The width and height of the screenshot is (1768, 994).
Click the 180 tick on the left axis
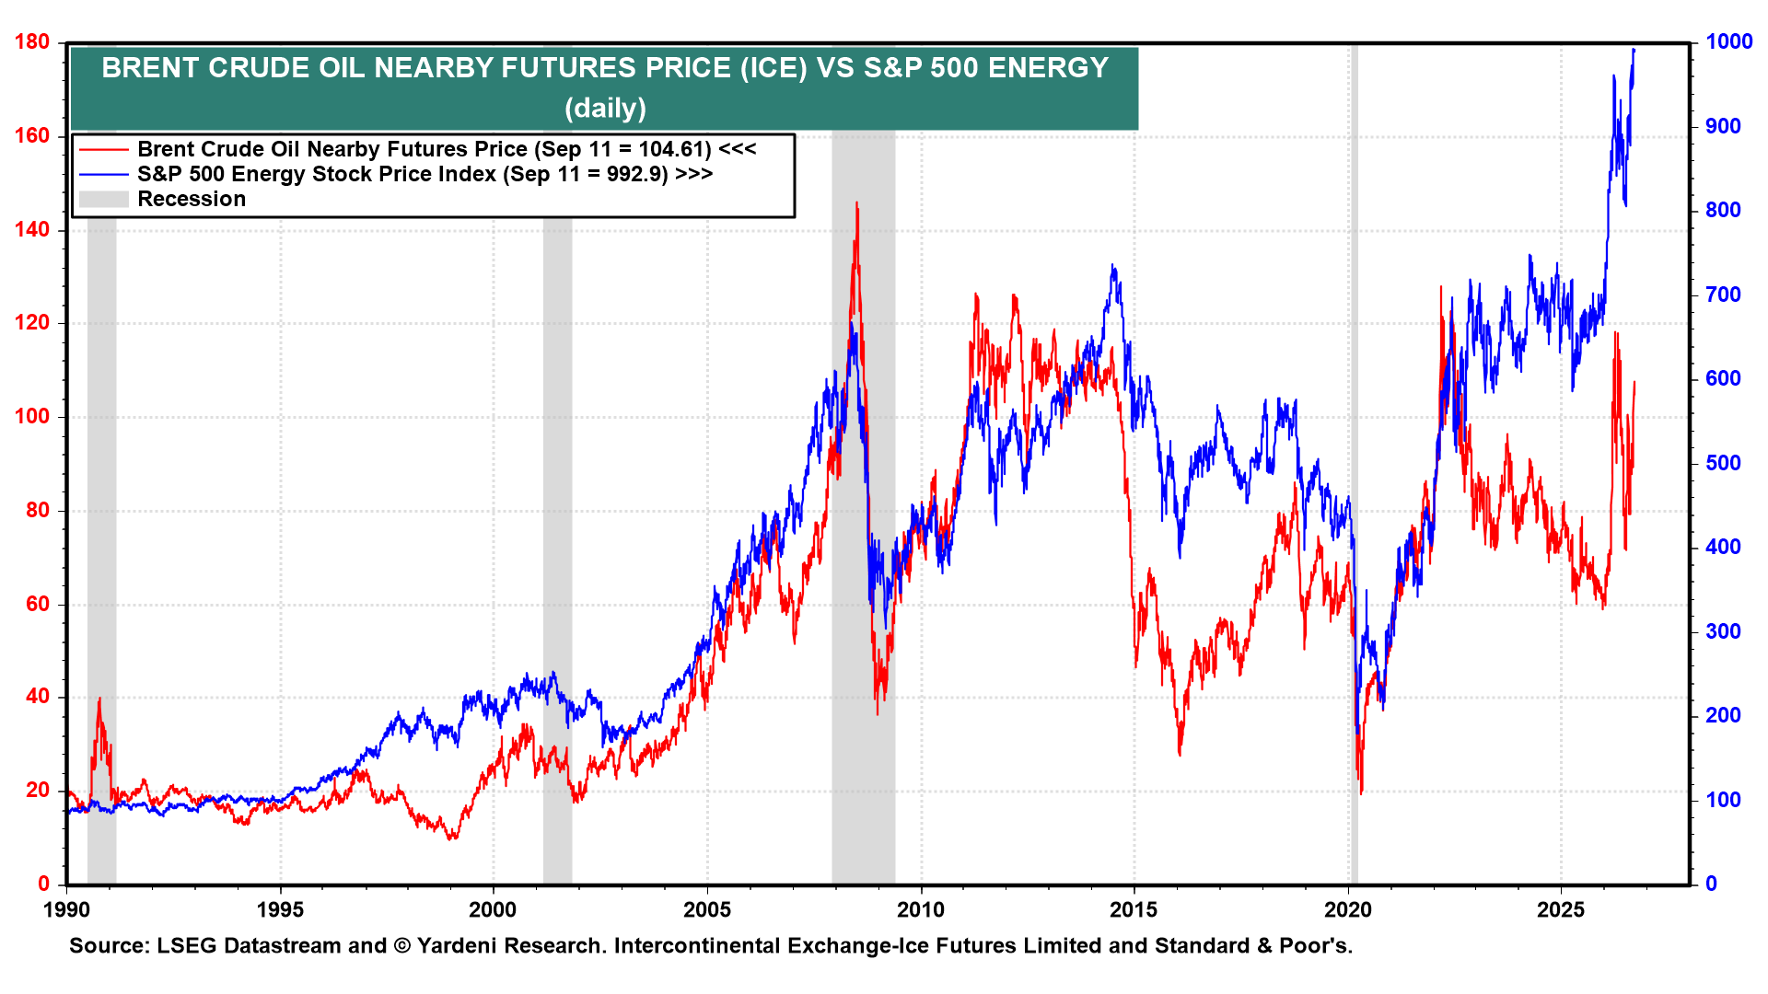coord(33,42)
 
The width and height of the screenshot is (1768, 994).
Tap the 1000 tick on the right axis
coord(1728,41)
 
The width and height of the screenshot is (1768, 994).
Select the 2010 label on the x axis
coord(921,910)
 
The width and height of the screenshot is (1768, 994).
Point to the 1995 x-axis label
coord(280,910)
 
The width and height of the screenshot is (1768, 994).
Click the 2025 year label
coord(1562,910)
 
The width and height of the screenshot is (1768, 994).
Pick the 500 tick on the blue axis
coord(1723,463)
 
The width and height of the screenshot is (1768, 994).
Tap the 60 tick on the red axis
coord(39,604)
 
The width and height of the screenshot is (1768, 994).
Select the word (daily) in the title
coord(605,109)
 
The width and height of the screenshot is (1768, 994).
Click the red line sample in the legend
coord(104,149)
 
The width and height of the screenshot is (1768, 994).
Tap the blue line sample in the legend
coord(104,174)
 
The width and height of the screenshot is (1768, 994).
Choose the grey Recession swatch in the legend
coord(104,199)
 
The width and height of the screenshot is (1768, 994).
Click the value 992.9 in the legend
coord(634,174)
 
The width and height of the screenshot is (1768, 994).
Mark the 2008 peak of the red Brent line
coord(856,202)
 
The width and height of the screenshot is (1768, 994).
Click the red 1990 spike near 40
coord(99,699)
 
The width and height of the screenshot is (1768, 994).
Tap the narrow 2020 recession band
coord(1354,460)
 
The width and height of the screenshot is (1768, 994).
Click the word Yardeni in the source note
coord(458,946)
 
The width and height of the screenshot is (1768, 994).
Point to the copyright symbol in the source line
coord(401,946)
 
